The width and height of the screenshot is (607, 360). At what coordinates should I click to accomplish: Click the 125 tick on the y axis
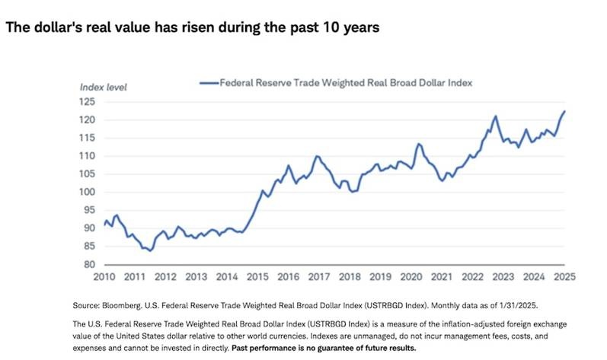(89, 101)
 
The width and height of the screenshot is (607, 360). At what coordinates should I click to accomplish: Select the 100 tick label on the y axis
(89, 192)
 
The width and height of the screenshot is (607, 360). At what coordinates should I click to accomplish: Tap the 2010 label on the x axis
(105, 276)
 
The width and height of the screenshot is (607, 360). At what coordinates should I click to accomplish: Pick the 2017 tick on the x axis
(319, 276)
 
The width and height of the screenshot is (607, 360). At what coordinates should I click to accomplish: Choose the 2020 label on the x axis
(411, 276)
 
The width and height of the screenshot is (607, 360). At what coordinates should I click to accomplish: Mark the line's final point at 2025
(564, 111)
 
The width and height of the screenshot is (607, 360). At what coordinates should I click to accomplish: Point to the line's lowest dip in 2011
(150, 250)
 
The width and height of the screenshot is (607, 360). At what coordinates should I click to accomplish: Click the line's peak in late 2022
(495, 116)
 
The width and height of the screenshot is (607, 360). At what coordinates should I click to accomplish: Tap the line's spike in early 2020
(418, 144)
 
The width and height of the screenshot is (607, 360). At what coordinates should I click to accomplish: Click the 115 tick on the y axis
(89, 138)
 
